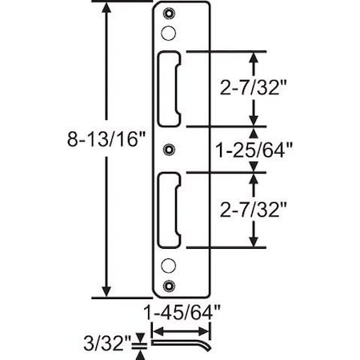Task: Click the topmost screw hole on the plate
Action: coord(167,14)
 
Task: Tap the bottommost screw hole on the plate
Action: coord(167,286)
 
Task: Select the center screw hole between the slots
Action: coord(167,150)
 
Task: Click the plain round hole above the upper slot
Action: coord(167,33)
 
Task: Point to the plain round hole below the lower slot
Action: coord(167,266)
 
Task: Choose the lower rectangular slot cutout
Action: coord(170,210)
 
